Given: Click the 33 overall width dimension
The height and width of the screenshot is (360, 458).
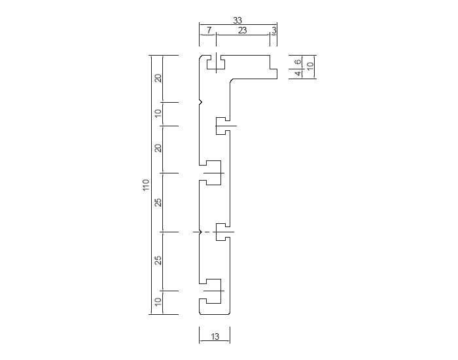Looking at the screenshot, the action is click(x=238, y=20).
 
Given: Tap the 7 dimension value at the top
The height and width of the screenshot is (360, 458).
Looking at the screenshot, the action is click(x=209, y=30).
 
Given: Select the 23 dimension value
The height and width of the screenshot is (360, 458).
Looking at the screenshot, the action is click(x=242, y=30).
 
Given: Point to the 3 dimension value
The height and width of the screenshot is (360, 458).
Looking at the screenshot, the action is click(x=273, y=30).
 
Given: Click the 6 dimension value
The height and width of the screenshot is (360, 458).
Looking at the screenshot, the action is click(x=298, y=62).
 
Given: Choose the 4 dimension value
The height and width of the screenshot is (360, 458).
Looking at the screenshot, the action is click(x=298, y=73).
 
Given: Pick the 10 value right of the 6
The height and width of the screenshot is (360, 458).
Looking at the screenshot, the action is click(x=310, y=65).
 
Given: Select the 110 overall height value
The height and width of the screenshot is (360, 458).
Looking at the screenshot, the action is click(x=146, y=185).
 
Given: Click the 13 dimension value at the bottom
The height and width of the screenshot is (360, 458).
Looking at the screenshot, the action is click(x=215, y=336).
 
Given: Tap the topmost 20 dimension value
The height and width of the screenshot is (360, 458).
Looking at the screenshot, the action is click(x=158, y=79).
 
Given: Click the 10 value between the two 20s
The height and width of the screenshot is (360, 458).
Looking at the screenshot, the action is click(x=158, y=113).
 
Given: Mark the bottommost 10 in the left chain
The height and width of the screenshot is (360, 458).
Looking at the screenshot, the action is click(x=158, y=302).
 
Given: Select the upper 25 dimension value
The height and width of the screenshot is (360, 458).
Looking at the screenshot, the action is click(x=158, y=202).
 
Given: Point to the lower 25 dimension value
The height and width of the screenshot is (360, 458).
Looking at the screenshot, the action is click(x=158, y=260).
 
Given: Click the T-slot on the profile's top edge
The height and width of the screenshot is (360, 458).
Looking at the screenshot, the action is click(x=216, y=62).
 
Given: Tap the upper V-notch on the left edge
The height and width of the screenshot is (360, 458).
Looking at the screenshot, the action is click(x=201, y=102).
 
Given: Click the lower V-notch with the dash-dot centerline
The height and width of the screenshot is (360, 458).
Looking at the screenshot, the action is click(x=201, y=232).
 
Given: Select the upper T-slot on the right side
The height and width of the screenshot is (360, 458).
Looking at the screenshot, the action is click(x=222, y=126).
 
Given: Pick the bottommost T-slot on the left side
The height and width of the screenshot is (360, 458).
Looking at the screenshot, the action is click(x=213, y=291).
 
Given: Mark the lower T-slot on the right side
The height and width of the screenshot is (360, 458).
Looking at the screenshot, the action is click(x=222, y=232).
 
